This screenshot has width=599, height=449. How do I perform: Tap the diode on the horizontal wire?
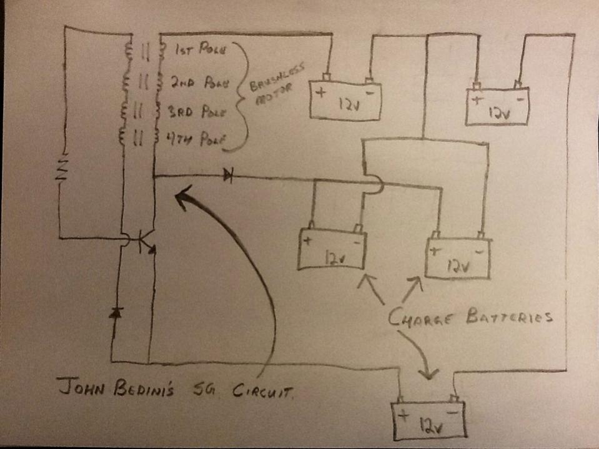point(228,175)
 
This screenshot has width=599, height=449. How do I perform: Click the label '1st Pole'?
point(200,49)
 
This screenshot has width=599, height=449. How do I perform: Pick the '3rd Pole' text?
point(197,111)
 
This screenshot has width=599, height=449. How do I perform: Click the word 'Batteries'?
point(509,316)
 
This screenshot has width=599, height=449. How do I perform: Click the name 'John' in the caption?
point(81,387)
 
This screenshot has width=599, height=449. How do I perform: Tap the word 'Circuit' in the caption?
point(263,390)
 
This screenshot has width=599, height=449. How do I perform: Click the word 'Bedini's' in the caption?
point(144,388)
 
